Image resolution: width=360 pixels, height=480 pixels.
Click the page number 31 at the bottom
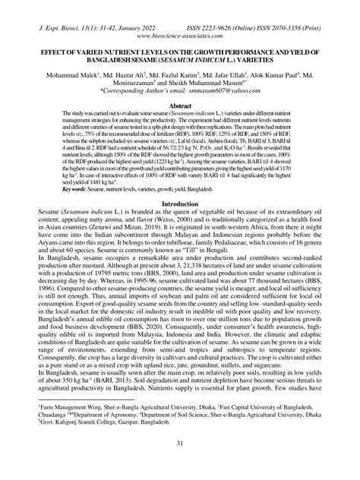click(x=180, y=465)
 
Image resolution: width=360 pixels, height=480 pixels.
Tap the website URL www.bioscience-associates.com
click(x=180, y=34)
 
